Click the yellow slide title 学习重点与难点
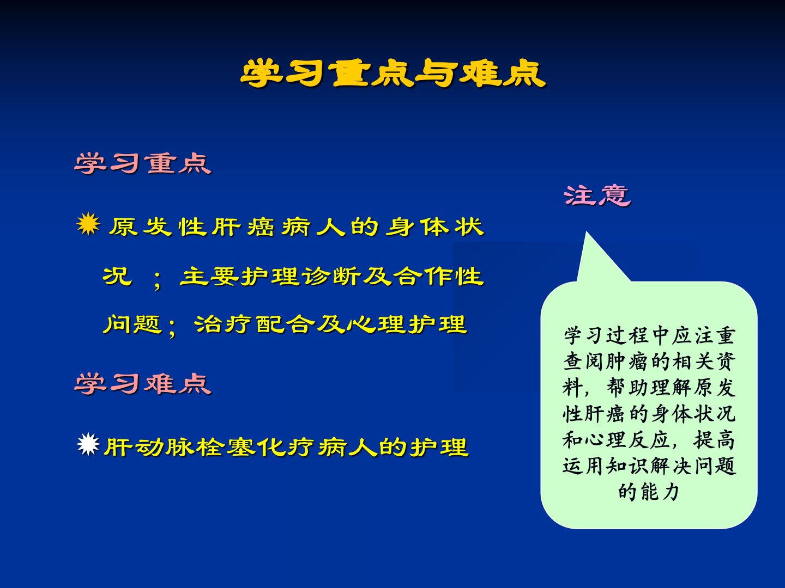click(x=392, y=73)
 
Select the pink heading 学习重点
click(x=143, y=163)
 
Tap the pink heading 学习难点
click(x=143, y=384)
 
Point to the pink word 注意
click(x=597, y=195)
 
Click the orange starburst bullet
click(x=88, y=224)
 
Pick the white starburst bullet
click(x=88, y=444)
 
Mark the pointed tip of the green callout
click(x=586, y=232)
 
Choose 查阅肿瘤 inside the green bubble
click(x=606, y=362)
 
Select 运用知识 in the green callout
click(x=606, y=466)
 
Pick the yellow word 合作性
click(x=438, y=277)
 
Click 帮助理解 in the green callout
click(x=649, y=388)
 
